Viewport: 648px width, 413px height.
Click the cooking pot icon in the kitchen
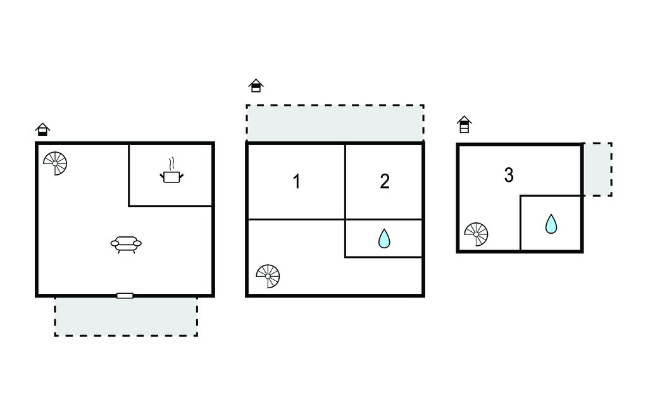[171, 177]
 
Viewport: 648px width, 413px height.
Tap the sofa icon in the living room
[126, 244]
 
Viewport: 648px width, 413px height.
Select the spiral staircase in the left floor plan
[55, 163]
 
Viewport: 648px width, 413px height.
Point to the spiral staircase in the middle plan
[268, 276]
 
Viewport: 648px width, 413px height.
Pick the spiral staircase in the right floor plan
[476, 234]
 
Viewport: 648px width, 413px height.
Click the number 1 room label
[296, 181]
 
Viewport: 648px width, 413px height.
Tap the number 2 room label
[385, 181]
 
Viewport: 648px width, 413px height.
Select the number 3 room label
[509, 175]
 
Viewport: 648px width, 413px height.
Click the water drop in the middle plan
[384, 239]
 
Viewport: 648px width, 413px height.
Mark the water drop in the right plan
[551, 224]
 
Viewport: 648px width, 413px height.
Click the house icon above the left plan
[42, 129]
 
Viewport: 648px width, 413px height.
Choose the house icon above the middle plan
[256, 86]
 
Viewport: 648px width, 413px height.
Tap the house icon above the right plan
[464, 124]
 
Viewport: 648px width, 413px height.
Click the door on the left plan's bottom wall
[125, 295]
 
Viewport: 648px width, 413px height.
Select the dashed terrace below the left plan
[126, 317]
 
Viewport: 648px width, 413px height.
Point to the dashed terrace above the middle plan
[335, 123]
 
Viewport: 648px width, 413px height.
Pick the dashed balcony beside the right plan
[597, 169]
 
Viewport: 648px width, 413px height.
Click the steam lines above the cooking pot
[172, 164]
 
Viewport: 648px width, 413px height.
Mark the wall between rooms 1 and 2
[345, 182]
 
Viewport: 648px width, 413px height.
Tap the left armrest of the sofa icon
[115, 243]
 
